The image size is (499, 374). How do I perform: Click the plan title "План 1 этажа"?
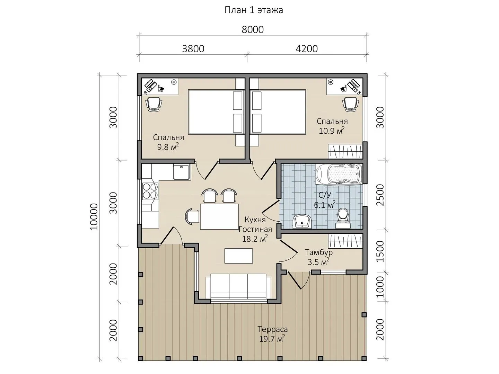click(254, 10)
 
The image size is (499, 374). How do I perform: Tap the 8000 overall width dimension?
click(253, 30)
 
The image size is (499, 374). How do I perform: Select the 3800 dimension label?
click(193, 49)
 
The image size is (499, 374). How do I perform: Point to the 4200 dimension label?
click(307, 49)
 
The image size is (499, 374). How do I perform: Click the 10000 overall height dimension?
click(94, 217)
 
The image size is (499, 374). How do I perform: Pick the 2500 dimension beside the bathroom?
click(380, 195)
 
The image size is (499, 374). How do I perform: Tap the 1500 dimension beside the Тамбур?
click(380, 252)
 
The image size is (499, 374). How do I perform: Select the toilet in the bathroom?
click(343, 219)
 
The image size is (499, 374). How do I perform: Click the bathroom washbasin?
click(302, 221)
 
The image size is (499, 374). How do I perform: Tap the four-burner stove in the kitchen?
click(150, 191)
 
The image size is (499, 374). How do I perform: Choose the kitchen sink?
click(182, 172)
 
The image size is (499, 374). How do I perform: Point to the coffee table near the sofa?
click(238, 256)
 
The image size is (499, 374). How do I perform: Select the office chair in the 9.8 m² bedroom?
click(154, 104)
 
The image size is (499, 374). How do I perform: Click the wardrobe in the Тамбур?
click(345, 241)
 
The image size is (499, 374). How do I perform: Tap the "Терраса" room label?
click(273, 329)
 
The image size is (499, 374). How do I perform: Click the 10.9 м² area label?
click(332, 131)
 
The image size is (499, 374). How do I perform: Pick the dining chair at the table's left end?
click(192, 216)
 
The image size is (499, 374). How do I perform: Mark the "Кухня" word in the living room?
click(255, 220)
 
